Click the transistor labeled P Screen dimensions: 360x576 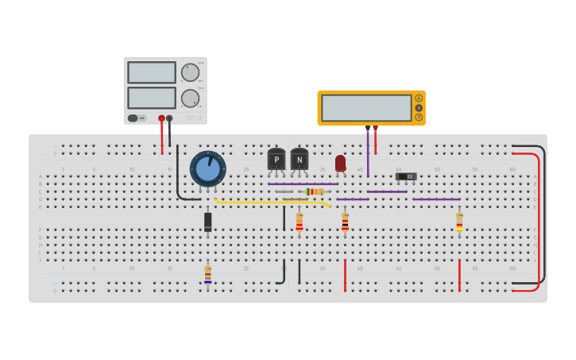[276, 160]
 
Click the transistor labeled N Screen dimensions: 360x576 [300, 160]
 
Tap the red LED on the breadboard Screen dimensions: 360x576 [341, 163]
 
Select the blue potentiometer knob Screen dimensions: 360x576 [208, 169]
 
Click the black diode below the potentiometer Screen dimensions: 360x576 [208, 221]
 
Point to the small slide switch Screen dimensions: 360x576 [406, 176]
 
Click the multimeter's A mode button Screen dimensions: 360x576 [419, 98]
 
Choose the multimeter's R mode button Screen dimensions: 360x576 [419, 117]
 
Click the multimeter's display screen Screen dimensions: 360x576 [366, 107]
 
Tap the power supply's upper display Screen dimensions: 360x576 [152, 72]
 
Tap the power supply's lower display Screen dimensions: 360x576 [152, 98]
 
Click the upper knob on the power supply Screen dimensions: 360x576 [190, 72]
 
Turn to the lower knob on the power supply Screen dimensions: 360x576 [190, 99]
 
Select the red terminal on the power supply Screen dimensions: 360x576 [161, 118]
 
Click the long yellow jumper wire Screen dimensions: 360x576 [270, 202]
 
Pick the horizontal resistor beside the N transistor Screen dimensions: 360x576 [315, 192]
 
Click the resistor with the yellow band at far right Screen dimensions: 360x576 [459, 222]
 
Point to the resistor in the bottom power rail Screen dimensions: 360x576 [208, 275]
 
